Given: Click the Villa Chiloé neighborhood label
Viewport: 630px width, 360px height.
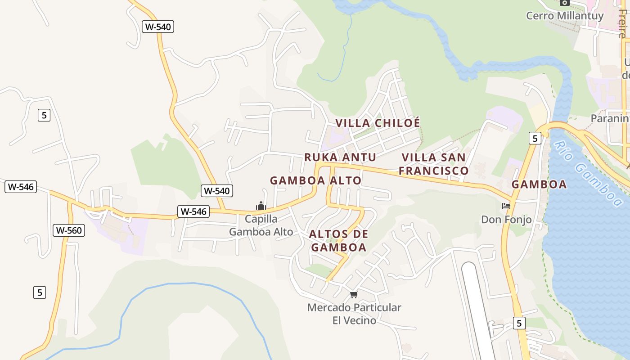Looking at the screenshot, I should (x=378, y=123).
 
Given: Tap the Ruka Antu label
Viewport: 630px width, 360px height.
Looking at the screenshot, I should (x=340, y=157).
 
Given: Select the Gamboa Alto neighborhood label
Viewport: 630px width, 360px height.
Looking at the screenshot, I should (x=315, y=180).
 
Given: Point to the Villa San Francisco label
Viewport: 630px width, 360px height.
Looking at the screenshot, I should (x=433, y=164).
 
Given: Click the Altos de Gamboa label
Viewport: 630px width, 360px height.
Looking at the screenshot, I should (x=338, y=241).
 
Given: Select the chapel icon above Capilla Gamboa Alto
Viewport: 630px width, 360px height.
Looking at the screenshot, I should (x=261, y=206).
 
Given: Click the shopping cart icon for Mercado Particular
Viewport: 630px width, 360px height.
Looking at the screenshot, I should (x=354, y=295).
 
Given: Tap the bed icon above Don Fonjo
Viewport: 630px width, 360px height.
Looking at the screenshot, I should (x=506, y=206).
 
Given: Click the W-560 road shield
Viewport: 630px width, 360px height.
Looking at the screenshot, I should (x=69, y=230).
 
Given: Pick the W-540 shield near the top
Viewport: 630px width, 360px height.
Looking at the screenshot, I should (x=158, y=27).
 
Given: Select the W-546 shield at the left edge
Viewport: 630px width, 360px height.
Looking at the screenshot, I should (x=21, y=187).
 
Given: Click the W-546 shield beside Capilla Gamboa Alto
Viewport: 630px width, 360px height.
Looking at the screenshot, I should (x=193, y=211).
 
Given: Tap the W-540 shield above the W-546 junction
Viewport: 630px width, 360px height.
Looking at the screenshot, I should (x=217, y=191).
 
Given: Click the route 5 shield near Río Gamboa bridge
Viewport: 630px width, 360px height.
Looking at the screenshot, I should (x=534, y=138).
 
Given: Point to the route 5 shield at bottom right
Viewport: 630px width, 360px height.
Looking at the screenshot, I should (x=519, y=323).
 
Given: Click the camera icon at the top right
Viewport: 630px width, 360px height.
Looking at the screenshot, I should (x=565, y=3).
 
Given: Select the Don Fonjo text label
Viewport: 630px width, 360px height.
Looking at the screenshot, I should (x=506, y=220).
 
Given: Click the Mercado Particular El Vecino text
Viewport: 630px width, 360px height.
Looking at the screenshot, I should (x=354, y=314).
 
